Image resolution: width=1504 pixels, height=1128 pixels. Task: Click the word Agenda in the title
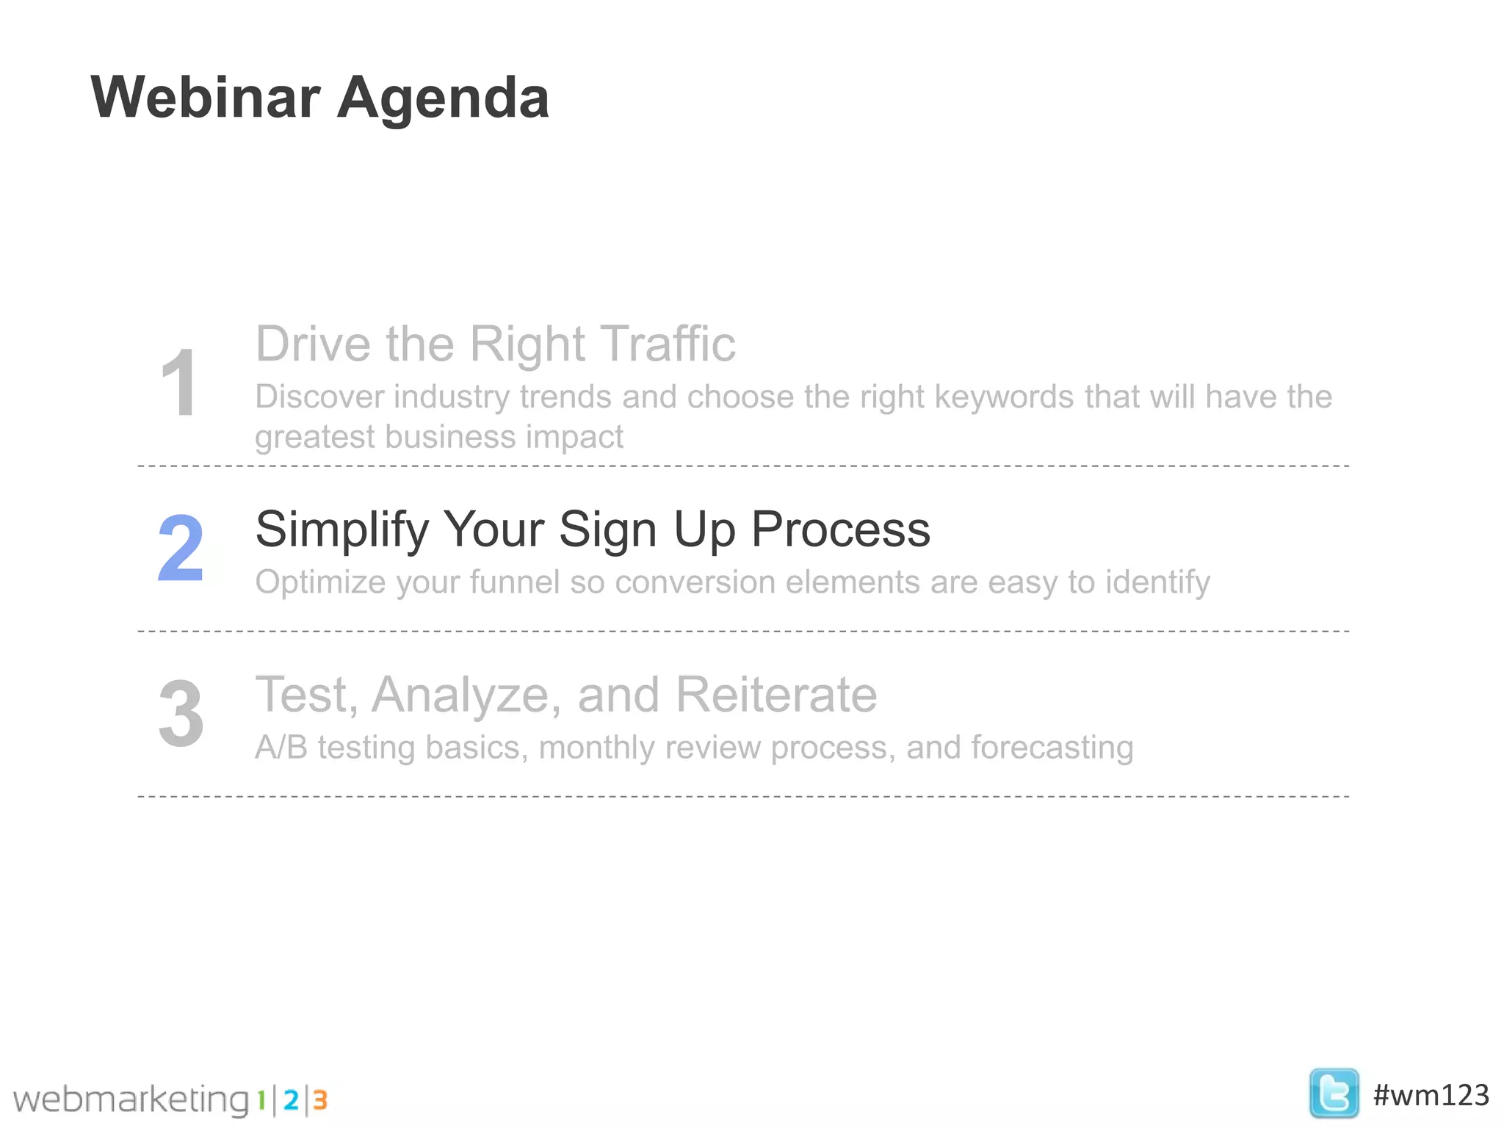[443, 99]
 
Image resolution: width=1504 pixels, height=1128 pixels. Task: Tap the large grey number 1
[178, 383]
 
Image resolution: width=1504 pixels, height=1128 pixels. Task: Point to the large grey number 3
[181, 714]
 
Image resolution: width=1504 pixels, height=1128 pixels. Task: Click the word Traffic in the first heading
[667, 344]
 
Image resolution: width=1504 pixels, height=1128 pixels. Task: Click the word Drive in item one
[314, 344]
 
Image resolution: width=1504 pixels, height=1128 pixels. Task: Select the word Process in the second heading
[840, 529]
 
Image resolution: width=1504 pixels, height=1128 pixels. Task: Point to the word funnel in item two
[515, 582]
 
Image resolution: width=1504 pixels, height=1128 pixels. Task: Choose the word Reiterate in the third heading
[775, 695]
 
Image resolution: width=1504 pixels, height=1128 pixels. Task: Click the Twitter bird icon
[1333, 1093]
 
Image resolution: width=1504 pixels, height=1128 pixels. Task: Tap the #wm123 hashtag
[1431, 1095]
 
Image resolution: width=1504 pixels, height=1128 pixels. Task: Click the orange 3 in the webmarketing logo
[320, 1100]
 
